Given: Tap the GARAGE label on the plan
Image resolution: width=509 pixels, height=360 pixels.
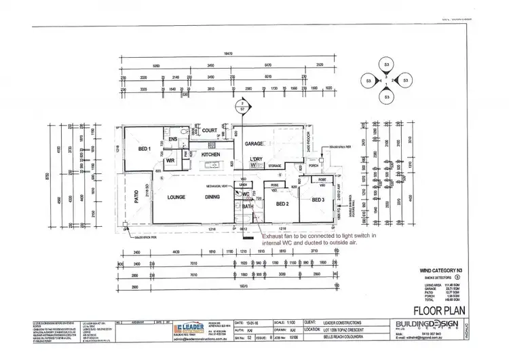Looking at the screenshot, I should click(x=253, y=144).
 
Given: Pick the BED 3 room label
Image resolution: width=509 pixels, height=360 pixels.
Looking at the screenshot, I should click(x=318, y=200).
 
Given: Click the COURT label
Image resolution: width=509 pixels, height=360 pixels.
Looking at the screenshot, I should click(x=209, y=131).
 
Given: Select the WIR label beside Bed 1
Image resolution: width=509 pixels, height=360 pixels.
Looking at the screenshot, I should click(x=170, y=161).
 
